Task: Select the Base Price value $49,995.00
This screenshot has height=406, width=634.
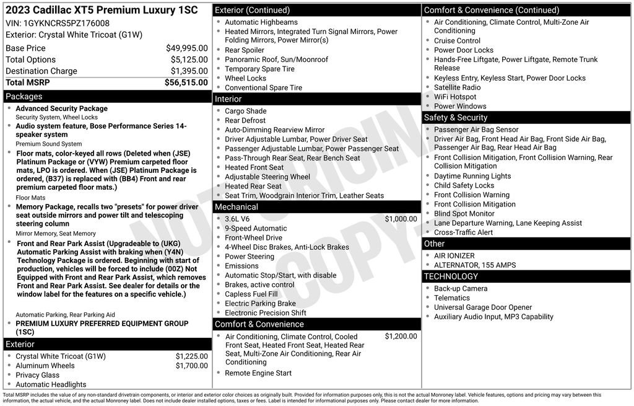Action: click(186, 48)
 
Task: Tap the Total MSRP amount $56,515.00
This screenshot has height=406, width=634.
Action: click(186, 82)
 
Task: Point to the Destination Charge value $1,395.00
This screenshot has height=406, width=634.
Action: click(189, 71)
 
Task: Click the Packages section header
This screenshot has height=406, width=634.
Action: click(24, 97)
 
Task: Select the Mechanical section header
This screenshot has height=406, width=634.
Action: click(237, 207)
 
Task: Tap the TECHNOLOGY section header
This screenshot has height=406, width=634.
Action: click(451, 276)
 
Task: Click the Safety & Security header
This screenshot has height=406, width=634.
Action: click(456, 118)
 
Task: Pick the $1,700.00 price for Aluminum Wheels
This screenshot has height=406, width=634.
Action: click(191, 366)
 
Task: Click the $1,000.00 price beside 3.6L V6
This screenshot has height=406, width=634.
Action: click(401, 219)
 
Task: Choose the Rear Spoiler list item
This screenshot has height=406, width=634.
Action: click(244, 50)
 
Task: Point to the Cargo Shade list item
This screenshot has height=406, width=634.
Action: click(245, 111)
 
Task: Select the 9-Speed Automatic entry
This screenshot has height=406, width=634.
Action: click(255, 228)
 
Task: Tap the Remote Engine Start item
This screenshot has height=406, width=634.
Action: click(258, 373)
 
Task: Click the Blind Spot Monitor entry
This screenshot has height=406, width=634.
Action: click(464, 213)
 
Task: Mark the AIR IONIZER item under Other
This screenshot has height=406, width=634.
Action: click(454, 255)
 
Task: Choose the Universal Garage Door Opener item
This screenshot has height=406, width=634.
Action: click(482, 307)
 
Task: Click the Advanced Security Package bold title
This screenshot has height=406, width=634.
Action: click(61, 108)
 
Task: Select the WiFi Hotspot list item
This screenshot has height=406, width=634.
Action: click(455, 97)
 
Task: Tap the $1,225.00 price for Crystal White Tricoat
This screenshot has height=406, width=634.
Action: click(191, 356)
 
